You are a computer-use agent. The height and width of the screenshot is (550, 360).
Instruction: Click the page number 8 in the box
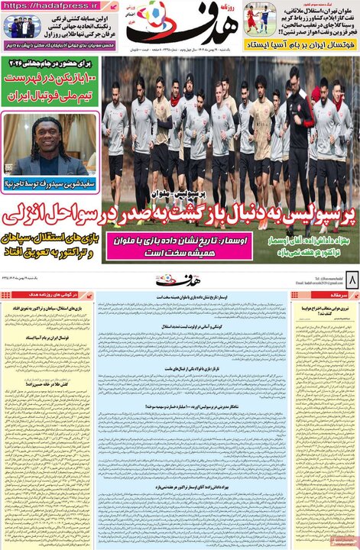point(351,277)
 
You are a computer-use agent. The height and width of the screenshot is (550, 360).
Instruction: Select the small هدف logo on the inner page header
point(178,277)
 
